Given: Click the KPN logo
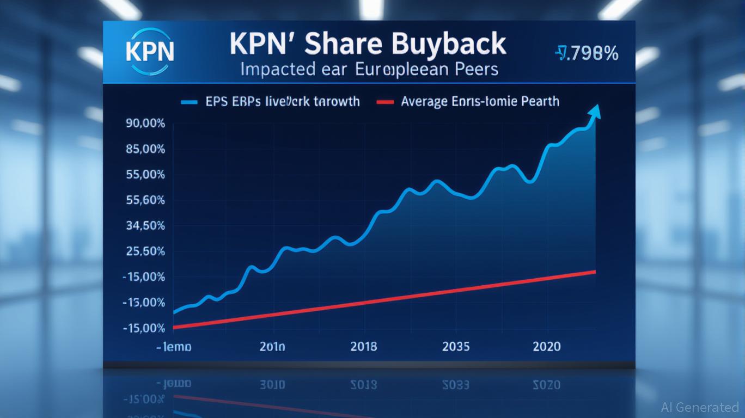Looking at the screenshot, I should click(x=150, y=51).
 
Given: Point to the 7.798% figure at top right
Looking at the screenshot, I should click(x=587, y=53).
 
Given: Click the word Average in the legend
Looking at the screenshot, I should click(x=424, y=101).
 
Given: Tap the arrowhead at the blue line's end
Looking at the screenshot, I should click(x=595, y=112).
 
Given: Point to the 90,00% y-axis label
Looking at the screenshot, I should click(x=145, y=123).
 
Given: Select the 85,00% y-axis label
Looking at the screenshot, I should click(x=145, y=149).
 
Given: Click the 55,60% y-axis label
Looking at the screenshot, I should click(x=145, y=200).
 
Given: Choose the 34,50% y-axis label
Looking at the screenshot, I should click(x=145, y=226).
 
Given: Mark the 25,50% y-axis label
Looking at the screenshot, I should click(x=145, y=251).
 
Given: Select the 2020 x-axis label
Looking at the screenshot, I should click(x=546, y=346).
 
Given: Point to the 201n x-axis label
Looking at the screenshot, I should click(x=272, y=346).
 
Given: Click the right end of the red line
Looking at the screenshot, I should click(x=594, y=272).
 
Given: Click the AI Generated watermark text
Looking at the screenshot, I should click(x=700, y=407).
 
